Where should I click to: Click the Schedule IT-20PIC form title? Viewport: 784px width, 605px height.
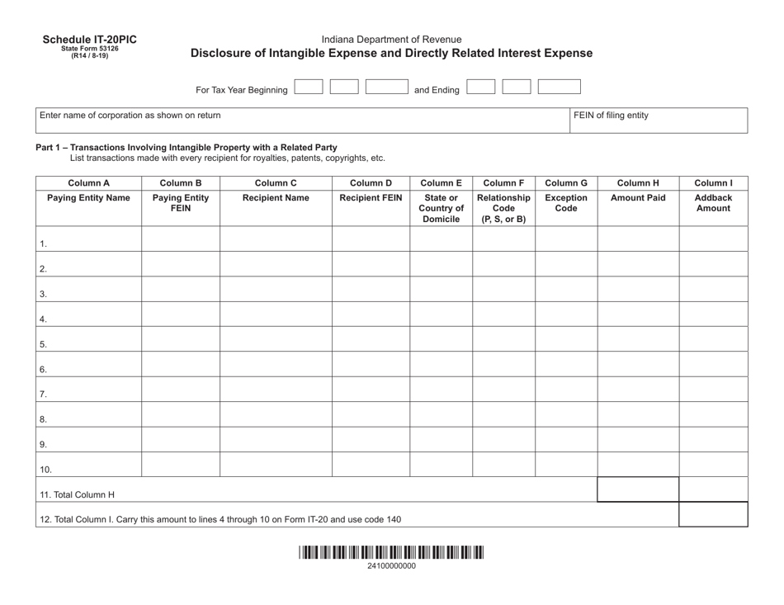click(90, 39)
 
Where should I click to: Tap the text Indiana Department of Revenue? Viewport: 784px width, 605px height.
click(391, 39)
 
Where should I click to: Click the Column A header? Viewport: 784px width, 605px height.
click(88, 182)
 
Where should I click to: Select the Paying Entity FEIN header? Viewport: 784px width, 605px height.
click(181, 203)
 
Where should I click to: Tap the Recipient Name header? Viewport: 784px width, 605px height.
click(276, 198)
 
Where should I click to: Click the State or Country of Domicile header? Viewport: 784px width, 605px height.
click(441, 208)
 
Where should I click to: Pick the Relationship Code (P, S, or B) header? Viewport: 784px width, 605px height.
click(503, 208)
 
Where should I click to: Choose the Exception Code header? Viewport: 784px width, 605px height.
click(566, 203)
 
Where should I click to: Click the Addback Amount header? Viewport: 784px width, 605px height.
click(713, 203)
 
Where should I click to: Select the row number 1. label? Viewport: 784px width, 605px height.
click(44, 244)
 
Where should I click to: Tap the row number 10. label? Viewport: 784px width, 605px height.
click(46, 470)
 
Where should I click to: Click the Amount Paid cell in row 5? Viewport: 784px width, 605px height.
click(638, 339)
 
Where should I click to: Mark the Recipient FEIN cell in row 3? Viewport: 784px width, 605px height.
click(371, 289)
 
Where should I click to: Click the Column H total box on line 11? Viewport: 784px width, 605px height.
click(638, 489)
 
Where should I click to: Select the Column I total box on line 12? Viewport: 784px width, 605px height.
click(713, 515)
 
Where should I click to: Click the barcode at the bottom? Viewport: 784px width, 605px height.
click(391, 553)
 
